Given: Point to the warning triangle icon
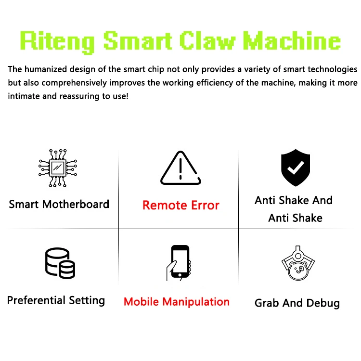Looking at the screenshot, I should [180, 168].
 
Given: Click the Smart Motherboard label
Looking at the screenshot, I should [59, 204].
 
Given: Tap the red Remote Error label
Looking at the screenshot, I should [180, 206].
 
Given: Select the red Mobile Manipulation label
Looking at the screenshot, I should [176, 302].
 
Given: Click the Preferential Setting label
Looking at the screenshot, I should [56, 300].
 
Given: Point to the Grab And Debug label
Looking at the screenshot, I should [297, 303].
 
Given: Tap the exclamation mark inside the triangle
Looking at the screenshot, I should [180, 169].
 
